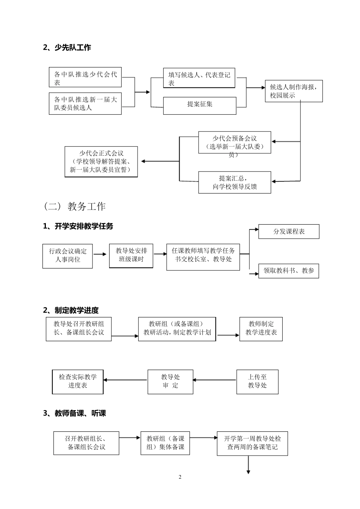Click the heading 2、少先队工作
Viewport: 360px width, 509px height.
click(67, 48)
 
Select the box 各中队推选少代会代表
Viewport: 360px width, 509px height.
click(85, 78)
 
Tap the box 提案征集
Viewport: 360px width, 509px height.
click(200, 105)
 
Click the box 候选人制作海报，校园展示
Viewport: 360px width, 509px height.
click(294, 91)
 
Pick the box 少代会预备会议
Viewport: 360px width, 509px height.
click(235, 143)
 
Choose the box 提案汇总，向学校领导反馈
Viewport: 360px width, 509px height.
click(235, 183)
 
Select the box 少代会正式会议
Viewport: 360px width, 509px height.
click(101, 162)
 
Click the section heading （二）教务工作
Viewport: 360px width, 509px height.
click(75, 206)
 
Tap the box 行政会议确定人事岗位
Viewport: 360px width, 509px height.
click(67, 256)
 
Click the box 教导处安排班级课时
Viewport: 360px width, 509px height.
click(131, 256)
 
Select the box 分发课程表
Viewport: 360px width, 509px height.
click(289, 231)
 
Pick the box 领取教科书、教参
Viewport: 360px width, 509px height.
click(289, 271)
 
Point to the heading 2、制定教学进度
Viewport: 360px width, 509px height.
click(71, 311)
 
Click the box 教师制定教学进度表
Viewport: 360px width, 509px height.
click(261, 328)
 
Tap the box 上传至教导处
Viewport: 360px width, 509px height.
click(257, 382)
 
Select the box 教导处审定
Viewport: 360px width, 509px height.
click(170, 382)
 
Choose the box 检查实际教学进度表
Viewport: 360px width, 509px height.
click(78, 382)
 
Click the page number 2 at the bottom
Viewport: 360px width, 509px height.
click(180, 477)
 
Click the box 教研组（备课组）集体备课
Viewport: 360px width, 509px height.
click(165, 443)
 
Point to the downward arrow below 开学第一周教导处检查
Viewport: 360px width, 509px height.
click(249, 465)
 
